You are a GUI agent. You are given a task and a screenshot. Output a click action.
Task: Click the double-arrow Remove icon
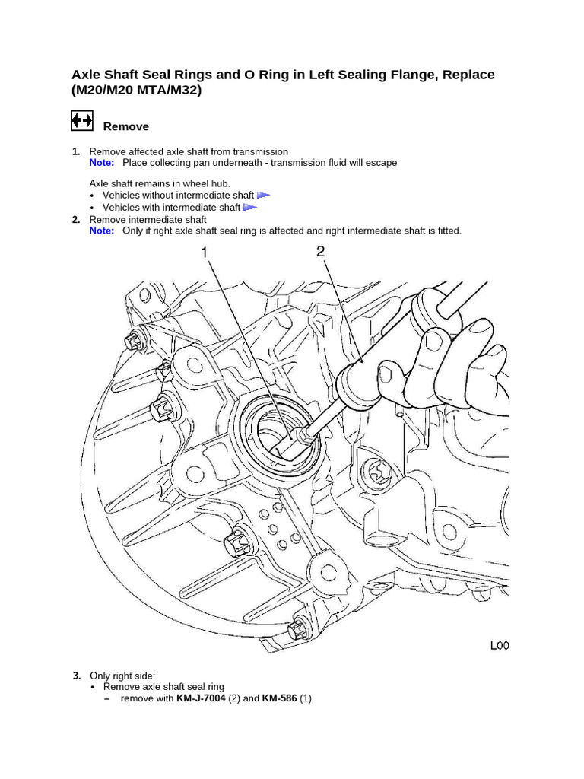[82, 121]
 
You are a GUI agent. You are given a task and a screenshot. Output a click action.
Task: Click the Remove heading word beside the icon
[125, 126]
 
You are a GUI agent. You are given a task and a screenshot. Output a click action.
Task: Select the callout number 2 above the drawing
[321, 251]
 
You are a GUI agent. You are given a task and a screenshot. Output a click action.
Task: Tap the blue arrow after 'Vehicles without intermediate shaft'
[263, 196]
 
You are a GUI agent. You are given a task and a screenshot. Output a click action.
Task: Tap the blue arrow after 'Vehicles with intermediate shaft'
[249, 207]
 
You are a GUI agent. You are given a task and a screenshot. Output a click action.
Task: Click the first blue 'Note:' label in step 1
[102, 163]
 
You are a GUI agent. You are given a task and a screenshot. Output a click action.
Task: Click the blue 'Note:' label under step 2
[102, 231]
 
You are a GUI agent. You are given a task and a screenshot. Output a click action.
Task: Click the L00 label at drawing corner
[499, 646]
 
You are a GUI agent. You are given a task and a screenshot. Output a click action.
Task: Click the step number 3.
[76, 676]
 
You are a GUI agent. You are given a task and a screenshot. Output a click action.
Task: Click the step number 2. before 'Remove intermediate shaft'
[76, 220]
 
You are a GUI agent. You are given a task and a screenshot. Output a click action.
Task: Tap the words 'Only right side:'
[122, 676]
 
